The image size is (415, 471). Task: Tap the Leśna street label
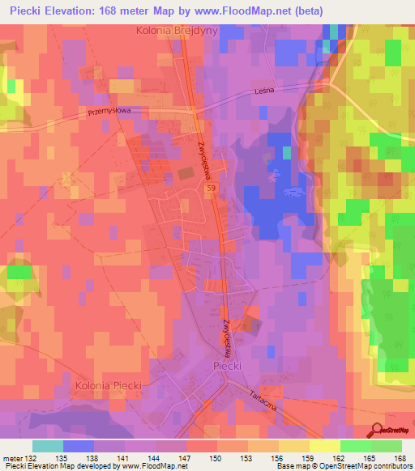coord(266,91)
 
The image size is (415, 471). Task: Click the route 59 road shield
coord(211,188)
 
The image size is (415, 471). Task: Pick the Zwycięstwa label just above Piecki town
coord(226,332)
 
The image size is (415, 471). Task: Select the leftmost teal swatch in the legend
coord(48,446)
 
